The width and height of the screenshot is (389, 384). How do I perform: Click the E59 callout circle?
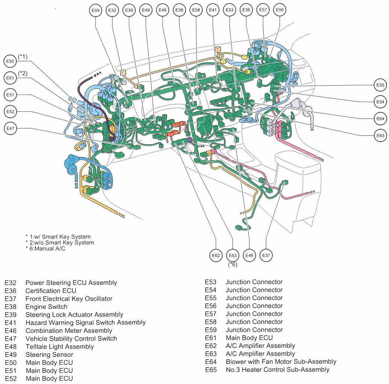tap(96, 11)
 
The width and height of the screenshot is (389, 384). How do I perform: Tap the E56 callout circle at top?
tap(279, 10)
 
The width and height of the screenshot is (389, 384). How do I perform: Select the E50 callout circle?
tap(11, 61)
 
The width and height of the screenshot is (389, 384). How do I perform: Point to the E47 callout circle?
tap(11, 129)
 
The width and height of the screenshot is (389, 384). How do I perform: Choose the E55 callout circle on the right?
tap(380, 85)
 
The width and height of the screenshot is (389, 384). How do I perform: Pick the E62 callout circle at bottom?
tap(216, 256)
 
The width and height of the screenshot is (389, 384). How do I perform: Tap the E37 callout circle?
tap(266, 256)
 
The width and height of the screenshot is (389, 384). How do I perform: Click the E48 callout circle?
tap(249, 256)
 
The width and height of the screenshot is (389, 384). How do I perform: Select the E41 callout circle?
tap(213, 11)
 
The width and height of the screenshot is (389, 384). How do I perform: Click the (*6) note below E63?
tap(233, 265)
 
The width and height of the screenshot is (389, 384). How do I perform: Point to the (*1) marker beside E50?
tap(23, 57)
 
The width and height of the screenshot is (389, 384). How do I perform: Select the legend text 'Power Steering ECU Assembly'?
tap(71, 283)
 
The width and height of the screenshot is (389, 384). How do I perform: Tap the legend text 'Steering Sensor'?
tap(49, 354)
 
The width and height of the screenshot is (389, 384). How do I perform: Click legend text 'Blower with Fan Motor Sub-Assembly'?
tap(281, 361)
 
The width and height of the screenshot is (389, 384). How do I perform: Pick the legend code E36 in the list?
tap(11, 291)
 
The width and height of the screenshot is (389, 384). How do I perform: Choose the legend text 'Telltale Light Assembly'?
tap(59, 346)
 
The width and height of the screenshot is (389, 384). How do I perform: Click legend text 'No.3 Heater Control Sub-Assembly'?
tap(277, 369)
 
